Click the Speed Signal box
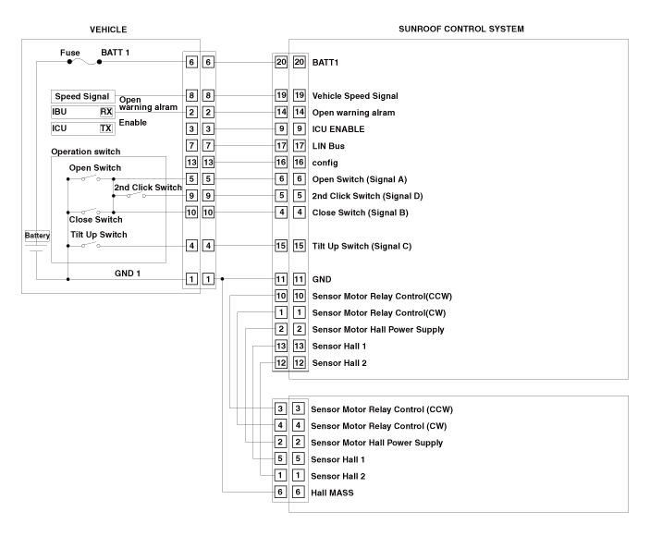coord(82,96)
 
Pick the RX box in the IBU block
coord(106,112)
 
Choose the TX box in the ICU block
coord(106,128)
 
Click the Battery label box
coord(36,236)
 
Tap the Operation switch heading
coord(86,152)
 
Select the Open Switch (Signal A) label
coord(361,178)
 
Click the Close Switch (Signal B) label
coord(361,213)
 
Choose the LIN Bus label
coord(332,145)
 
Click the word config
coord(325,162)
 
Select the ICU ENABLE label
coord(340,128)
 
